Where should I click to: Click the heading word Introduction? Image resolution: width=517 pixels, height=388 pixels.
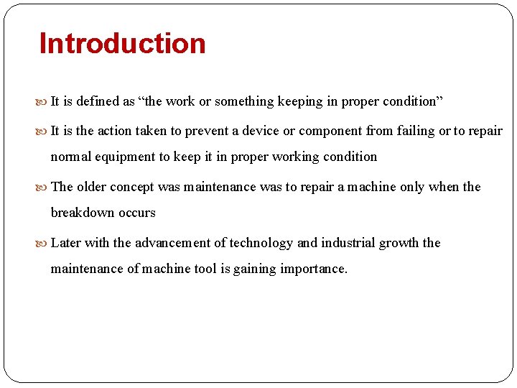(x=122, y=44)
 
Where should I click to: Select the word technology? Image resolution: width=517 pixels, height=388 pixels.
(x=261, y=243)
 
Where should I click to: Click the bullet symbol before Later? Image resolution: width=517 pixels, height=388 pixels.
(x=45, y=244)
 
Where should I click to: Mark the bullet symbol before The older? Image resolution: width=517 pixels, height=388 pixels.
(x=45, y=188)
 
